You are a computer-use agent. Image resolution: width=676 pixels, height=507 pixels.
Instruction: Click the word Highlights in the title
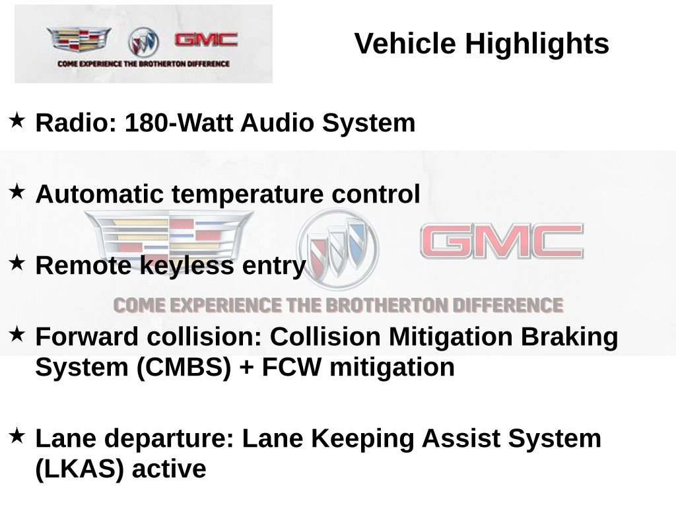pos(537,44)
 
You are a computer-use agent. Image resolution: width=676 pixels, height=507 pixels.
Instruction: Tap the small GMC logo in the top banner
pos(206,40)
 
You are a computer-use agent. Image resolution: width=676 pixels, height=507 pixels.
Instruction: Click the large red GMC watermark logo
pos(502,242)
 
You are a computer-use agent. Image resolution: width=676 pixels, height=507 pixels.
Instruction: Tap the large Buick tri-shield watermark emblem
pos(337,247)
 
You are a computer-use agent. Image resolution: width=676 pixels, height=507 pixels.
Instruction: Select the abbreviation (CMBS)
pos(184,368)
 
